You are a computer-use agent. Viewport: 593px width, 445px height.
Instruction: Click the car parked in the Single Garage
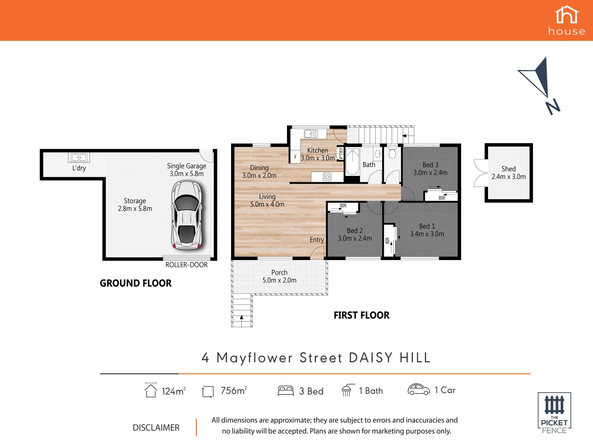[x=187, y=215]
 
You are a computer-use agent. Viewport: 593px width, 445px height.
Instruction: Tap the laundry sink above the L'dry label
[x=79, y=157]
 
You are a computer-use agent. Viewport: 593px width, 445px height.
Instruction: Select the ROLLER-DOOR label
[x=187, y=265]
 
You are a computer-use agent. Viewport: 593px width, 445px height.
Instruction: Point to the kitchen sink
[x=311, y=134]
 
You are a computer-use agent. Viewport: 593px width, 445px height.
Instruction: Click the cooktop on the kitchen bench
[x=327, y=177]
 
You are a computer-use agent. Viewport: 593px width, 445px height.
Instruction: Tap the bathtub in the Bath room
[x=352, y=162]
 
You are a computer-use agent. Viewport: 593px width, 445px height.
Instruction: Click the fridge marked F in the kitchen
[x=295, y=157]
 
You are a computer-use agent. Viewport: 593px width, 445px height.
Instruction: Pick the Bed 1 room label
[x=427, y=226]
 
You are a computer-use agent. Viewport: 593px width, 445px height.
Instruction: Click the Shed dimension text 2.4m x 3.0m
[x=509, y=177]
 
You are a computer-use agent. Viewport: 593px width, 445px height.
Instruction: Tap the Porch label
[x=279, y=272]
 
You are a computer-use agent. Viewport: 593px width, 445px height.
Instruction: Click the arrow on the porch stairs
[x=241, y=318]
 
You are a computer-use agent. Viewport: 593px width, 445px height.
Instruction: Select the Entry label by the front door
[x=317, y=240]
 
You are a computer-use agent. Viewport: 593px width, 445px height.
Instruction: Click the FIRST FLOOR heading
[x=361, y=315]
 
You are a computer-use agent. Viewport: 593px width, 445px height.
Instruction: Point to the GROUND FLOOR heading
[x=135, y=283]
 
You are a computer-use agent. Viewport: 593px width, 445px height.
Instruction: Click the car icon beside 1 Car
[x=418, y=389]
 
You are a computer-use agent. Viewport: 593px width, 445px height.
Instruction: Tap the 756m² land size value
[x=233, y=391]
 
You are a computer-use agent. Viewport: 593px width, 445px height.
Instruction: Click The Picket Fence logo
[x=554, y=413]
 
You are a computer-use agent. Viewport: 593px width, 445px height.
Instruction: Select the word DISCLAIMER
[x=156, y=428]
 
